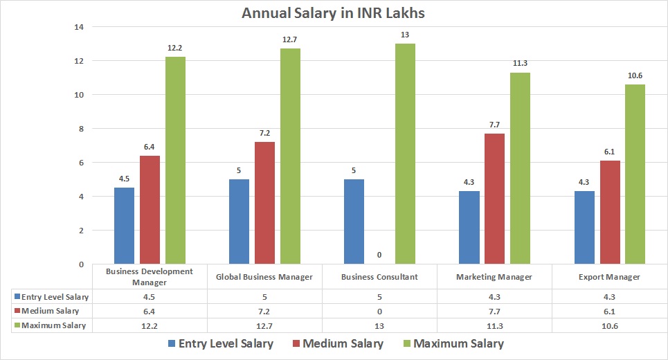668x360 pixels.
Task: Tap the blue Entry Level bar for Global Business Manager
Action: [x=239, y=222]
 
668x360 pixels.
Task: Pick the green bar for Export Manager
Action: [x=635, y=174]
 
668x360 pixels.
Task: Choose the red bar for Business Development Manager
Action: [x=150, y=210]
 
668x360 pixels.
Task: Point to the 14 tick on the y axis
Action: [x=78, y=27]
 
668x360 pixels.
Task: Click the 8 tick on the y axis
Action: [x=80, y=129]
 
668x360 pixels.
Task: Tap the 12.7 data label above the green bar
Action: [x=289, y=39]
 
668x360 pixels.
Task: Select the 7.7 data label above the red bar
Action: [x=494, y=125]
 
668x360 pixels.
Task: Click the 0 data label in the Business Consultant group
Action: [x=379, y=255]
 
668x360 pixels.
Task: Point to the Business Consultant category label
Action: [x=379, y=277]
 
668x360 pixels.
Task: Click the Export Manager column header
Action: [x=608, y=277]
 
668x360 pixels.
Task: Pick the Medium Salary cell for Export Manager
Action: [x=608, y=311]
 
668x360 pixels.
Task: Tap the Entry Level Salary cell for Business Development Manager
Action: [x=150, y=297]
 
